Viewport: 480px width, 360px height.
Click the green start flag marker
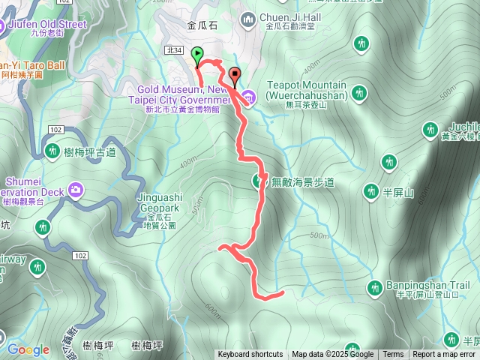(x=197, y=55)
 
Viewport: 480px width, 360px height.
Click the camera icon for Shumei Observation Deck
(x=75, y=190)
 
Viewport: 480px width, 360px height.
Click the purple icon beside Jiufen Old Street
(x=3, y=25)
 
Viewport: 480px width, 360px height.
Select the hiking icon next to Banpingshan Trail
(x=374, y=287)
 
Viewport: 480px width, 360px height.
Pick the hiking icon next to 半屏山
(x=370, y=192)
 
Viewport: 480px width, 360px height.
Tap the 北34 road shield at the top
(x=175, y=50)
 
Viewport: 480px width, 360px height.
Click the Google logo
(x=28, y=349)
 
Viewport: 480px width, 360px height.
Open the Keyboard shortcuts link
(x=250, y=355)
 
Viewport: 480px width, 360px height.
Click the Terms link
(x=393, y=355)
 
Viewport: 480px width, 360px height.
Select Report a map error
(x=444, y=355)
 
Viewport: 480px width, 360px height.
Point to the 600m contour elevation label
(x=212, y=308)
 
